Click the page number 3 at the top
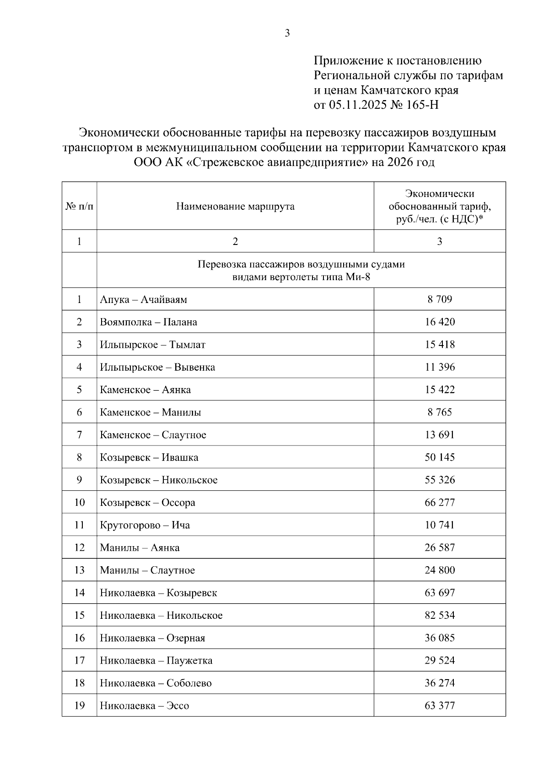[x=287, y=33]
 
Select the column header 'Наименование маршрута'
[x=235, y=207]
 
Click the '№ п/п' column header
[x=79, y=207]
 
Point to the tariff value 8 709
[x=440, y=299]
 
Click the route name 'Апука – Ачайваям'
[x=144, y=300]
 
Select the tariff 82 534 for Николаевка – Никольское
[x=440, y=615]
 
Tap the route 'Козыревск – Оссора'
[x=148, y=503]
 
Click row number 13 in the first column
[x=80, y=570]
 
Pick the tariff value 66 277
[x=440, y=503]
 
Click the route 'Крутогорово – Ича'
[x=145, y=525]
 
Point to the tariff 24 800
[x=440, y=570]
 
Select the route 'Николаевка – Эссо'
[x=145, y=706]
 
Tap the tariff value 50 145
[x=440, y=457]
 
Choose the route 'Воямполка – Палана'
[x=149, y=322]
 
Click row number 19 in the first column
[x=80, y=706]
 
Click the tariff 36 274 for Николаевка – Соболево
[x=440, y=683]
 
